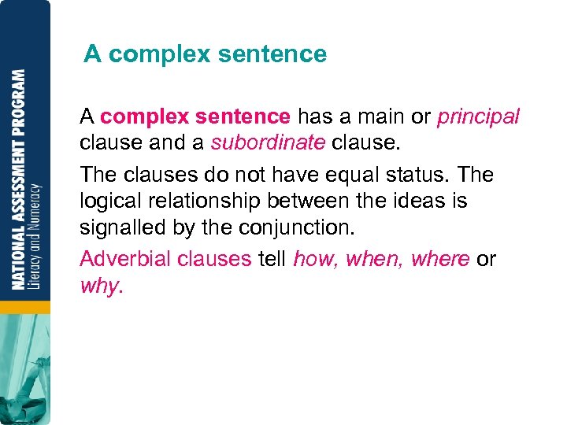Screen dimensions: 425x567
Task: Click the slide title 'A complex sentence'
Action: pos(205,54)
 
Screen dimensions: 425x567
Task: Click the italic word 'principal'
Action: pos(478,117)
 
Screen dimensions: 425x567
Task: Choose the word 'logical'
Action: pos(109,201)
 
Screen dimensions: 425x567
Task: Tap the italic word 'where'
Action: pos(441,258)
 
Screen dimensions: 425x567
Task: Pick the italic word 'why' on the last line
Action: pos(98,286)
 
